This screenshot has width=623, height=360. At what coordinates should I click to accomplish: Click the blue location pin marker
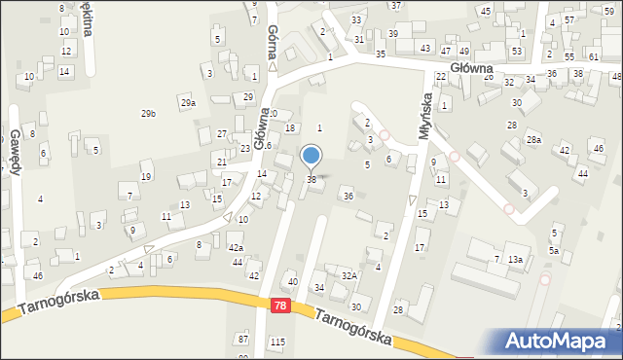tap(311, 156)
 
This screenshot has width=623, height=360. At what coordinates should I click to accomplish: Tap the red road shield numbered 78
tap(280, 306)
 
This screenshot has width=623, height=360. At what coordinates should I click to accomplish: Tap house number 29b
tap(148, 114)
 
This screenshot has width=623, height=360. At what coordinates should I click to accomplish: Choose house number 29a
tap(188, 102)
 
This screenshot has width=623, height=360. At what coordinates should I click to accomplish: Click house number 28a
tap(533, 140)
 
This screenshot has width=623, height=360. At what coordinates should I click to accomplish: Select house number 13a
tap(515, 259)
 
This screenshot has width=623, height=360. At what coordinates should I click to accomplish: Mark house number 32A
tap(349, 275)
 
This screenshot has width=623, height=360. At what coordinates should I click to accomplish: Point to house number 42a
tap(236, 248)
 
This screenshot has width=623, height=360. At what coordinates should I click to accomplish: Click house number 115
tap(278, 341)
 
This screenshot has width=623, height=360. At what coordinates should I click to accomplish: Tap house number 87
tap(242, 338)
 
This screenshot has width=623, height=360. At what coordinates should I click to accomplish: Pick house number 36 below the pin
tap(348, 196)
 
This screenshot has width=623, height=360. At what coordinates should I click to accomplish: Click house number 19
tap(146, 176)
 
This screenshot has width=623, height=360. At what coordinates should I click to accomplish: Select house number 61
tap(594, 56)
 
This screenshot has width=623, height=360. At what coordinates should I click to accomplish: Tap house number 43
tap(425, 48)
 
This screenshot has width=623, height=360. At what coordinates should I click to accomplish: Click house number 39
tap(393, 34)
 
